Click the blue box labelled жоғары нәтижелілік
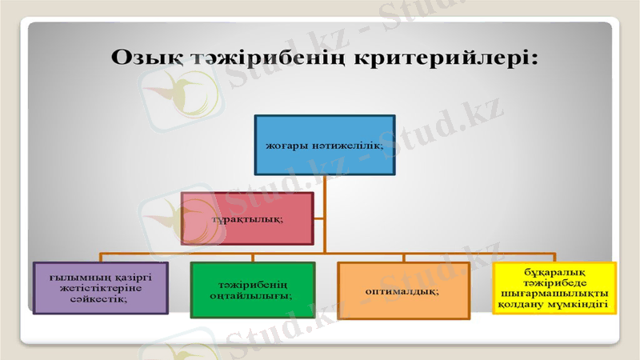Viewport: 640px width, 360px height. click(324, 145)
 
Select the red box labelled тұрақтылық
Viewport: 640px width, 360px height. click(246, 218)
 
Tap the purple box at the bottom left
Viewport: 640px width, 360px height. click(100, 287)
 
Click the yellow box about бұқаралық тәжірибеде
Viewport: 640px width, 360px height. click(553, 288)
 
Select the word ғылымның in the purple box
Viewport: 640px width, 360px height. click(73, 277)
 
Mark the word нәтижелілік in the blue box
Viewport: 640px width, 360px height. click(344, 146)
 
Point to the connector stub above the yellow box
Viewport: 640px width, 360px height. click(553, 257)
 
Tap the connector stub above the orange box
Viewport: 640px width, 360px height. click(403, 257)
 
